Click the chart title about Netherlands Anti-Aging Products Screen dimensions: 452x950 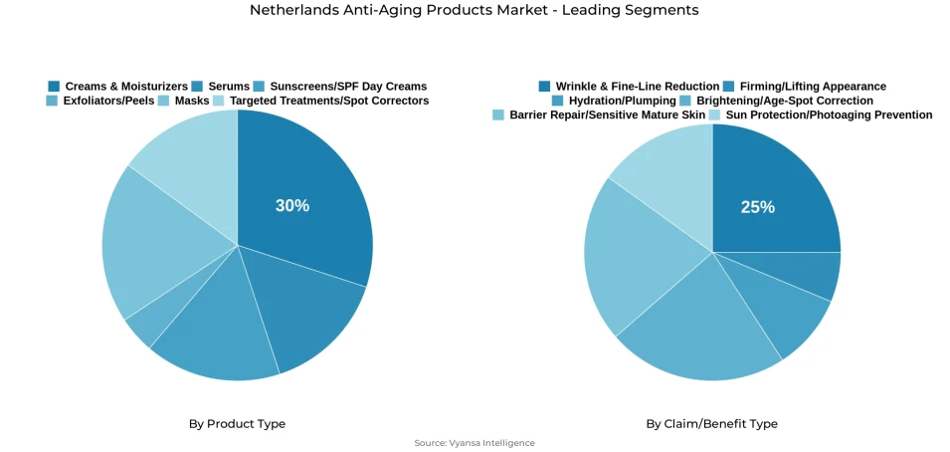pos(474,10)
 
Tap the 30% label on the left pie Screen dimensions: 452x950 pos(292,206)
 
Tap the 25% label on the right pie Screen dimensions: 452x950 pos(757,207)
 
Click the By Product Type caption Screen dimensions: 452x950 pos(237,424)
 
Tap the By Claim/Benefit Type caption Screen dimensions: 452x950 pos(711,424)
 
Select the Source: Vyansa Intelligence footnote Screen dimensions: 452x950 pos(475,443)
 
